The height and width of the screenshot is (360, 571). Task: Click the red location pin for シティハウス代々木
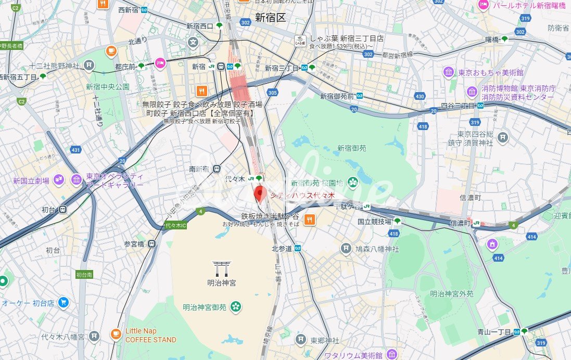point(260,194)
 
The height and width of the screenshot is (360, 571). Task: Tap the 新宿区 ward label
point(270,18)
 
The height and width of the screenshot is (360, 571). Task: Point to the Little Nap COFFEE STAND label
point(150,336)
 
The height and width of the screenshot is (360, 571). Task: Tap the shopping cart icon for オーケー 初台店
point(64,302)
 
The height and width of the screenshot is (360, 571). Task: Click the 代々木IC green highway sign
point(175,225)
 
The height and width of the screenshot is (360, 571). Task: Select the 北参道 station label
point(283,249)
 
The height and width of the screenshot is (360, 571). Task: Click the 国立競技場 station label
point(374,222)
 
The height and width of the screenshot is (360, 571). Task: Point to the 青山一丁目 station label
point(493,331)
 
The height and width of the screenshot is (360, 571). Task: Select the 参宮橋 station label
point(134,243)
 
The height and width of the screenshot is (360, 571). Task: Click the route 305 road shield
point(272,93)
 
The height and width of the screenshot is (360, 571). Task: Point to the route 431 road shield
point(76,150)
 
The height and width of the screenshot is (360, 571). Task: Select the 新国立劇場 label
point(31,181)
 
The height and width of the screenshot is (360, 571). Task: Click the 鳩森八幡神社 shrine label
point(378,249)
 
